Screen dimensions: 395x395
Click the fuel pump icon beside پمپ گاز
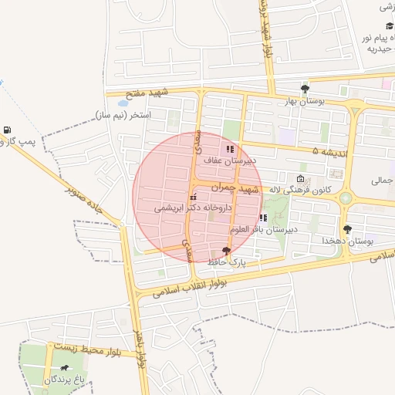pyautogui.click(x=7, y=129)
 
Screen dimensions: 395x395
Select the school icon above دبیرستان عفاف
pyautogui.click(x=229, y=149)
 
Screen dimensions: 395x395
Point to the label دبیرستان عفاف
pyautogui.click(x=230, y=160)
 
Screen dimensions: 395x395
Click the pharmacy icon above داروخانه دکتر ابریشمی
pyautogui.click(x=192, y=197)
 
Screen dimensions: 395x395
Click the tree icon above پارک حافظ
pyautogui.click(x=226, y=251)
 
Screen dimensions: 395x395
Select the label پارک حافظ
pyautogui.click(x=226, y=262)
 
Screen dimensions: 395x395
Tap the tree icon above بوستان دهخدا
pyautogui.click(x=348, y=229)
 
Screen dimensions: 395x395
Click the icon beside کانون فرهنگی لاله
pyautogui.click(x=300, y=178)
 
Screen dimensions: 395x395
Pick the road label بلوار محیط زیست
pyautogui.click(x=86, y=350)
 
